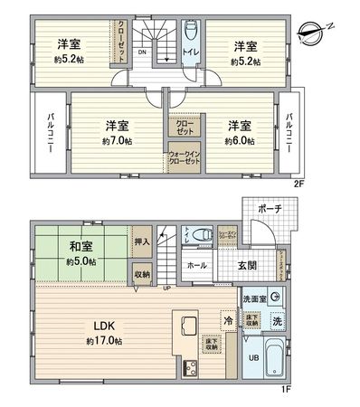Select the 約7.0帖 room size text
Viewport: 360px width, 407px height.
tap(117, 142)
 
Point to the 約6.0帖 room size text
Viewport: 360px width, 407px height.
tap(239, 142)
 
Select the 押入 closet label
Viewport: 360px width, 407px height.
tap(141, 243)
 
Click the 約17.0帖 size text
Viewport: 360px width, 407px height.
tap(102, 342)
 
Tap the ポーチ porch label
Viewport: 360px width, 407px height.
tap(270, 210)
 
